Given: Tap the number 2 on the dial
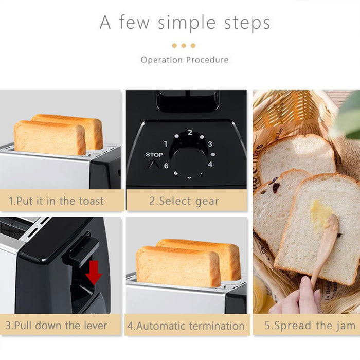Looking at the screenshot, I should (190, 133).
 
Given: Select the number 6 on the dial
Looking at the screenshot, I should (166, 166).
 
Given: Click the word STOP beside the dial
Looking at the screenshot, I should (154, 155).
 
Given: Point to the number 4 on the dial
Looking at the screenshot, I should (210, 164).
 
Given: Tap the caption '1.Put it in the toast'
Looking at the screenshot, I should (57, 201).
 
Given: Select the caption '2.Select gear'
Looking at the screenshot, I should (184, 201).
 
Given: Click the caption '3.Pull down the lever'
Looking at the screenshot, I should (57, 326).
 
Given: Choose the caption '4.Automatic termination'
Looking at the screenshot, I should (186, 326).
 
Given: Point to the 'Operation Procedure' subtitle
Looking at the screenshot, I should (185, 60).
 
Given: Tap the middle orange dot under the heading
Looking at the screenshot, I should (184, 46).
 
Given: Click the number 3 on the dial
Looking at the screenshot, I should (210, 144).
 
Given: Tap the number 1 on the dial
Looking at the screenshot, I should (166, 144).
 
